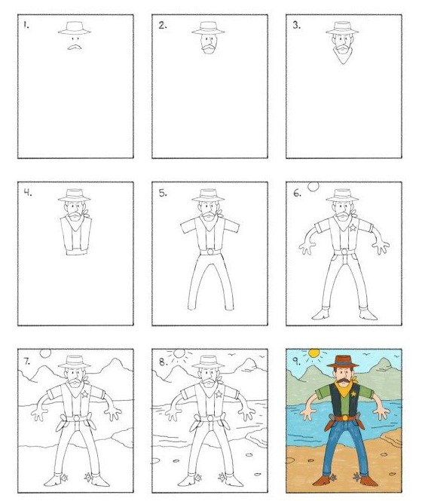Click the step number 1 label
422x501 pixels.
click(x=26, y=25)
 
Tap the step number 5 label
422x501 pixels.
click(x=163, y=193)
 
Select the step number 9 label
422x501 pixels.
click(x=296, y=361)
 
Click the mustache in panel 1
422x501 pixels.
click(x=74, y=47)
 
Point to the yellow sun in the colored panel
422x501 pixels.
click(x=314, y=353)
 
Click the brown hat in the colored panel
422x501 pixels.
click(x=343, y=361)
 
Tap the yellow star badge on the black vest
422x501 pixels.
click(x=353, y=395)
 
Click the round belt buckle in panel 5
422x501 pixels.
click(x=210, y=252)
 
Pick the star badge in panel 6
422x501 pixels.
click(x=353, y=228)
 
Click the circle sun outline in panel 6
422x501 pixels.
click(x=313, y=187)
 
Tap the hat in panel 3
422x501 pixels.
click(x=342, y=28)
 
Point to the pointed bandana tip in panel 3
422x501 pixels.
click(x=343, y=64)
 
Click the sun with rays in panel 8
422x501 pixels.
click(x=179, y=353)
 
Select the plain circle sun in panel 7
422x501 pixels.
click(x=45, y=353)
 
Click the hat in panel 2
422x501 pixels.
click(x=208, y=28)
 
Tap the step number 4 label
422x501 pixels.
click(x=28, y=193)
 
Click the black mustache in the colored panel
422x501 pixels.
click(x=343, y=380)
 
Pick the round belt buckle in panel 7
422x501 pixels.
click(x=76, y=418)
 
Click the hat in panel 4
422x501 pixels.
click(x=74, y=196)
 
